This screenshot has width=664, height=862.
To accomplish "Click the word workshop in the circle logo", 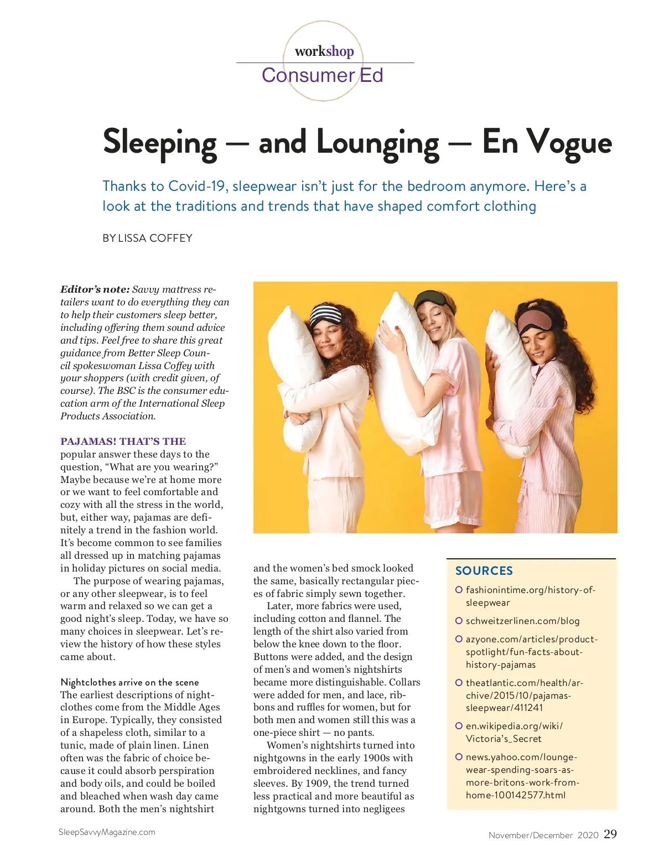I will point(324,51).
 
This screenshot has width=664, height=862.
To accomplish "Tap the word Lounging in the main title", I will point(378,142).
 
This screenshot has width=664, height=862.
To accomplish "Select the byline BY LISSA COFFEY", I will point(147,238).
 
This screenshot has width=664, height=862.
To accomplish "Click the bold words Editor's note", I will point(95,289).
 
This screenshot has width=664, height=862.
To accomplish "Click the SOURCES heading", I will point(484,570).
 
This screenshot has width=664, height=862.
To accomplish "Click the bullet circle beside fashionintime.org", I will point(459,590).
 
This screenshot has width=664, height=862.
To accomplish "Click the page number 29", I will point(610,834).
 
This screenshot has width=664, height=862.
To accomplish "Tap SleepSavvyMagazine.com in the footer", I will point(107,832).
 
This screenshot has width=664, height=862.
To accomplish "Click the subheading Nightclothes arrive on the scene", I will point(129,682).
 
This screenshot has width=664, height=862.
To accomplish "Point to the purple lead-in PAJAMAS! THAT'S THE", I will point(123,441).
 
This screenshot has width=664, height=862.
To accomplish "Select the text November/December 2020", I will point(543,835).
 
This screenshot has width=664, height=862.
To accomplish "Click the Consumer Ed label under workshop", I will point(322,75).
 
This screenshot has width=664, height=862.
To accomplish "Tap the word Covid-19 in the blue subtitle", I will point(198,186).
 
